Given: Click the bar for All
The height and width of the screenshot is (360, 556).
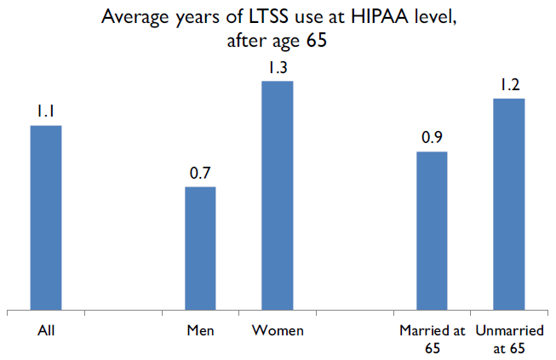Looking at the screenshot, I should (46, 218).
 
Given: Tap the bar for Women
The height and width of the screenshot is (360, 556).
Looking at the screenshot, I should (278, 196).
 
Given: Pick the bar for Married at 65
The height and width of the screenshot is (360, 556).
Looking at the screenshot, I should (432, 231).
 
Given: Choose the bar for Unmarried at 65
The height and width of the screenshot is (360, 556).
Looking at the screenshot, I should (509, 204).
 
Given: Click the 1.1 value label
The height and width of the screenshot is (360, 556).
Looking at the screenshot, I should (46, 111).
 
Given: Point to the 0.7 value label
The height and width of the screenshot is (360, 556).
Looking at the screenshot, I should (200, 173).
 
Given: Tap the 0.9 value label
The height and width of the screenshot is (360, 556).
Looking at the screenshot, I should (432, 138).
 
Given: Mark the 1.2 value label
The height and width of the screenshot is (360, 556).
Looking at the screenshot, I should (509, 85).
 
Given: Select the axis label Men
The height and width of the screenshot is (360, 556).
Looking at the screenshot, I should (200, 329).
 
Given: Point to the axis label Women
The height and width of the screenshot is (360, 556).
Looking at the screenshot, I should (278, 329).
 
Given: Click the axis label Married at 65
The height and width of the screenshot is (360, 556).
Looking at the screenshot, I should (432, 337).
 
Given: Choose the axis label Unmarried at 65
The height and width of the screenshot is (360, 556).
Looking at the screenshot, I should (509, 337).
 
